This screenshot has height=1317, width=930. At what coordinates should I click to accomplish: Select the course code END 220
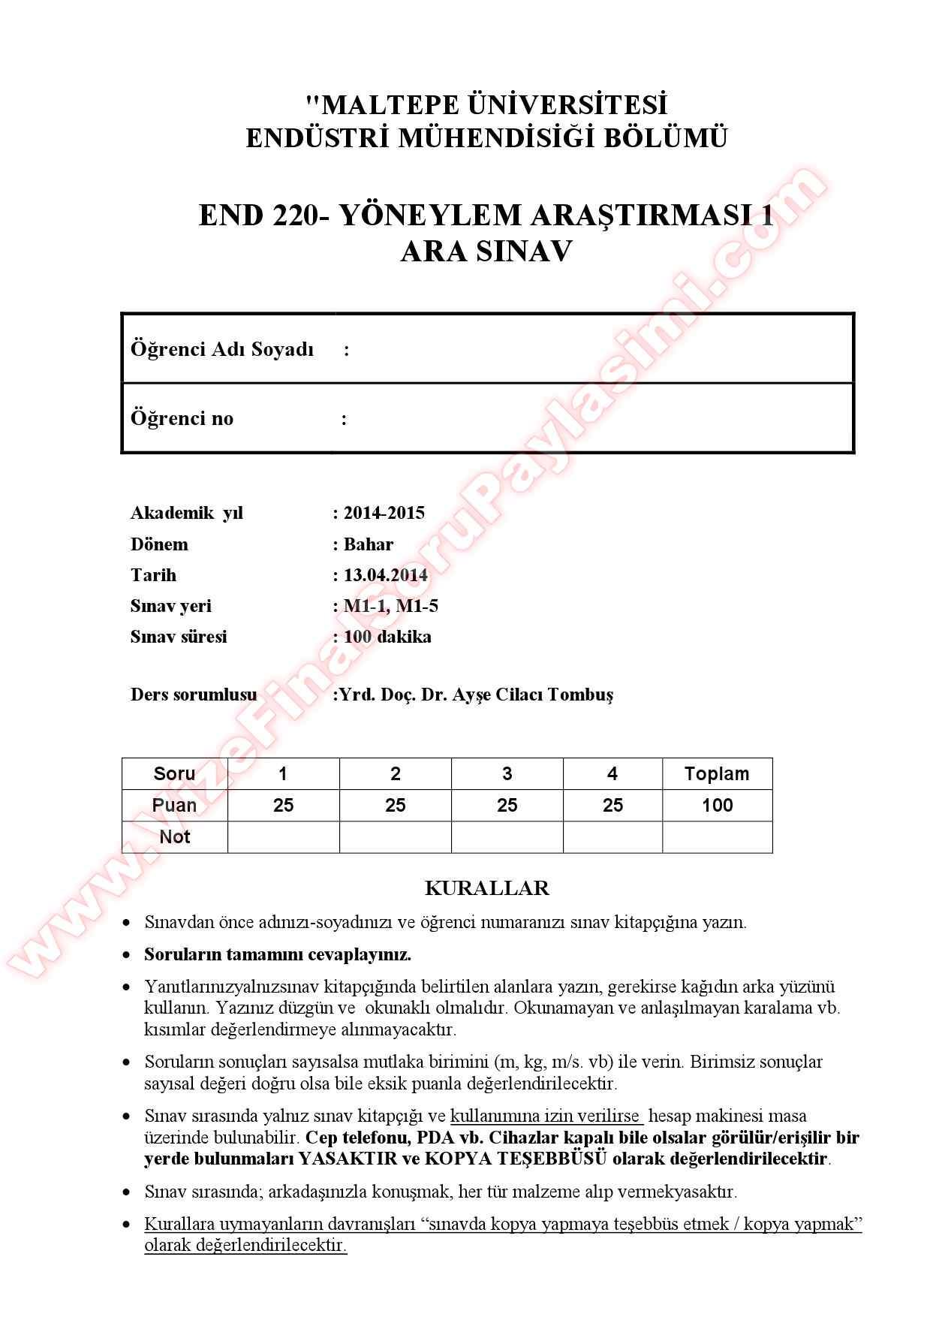(258, 215)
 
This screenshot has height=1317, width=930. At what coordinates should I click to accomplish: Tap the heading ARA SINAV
(486, 252)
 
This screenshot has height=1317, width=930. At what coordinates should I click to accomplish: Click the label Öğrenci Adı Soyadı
(222, 349)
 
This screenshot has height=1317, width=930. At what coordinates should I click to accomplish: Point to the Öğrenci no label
(182, 418)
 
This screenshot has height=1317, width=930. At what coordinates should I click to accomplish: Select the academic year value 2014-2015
(384, 513)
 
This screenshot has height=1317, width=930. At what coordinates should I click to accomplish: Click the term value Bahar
(368, 544)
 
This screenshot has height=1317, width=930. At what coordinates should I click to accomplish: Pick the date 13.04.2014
(385, 575)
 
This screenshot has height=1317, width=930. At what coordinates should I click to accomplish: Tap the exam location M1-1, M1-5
(390, 606)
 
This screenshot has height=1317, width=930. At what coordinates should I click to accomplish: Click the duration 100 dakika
(387, 637)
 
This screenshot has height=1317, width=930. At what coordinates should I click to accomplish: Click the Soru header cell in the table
(174, 774)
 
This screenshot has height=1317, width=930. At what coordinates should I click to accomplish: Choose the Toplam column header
(717, 774)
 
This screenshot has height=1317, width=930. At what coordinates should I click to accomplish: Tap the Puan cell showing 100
(717, 806)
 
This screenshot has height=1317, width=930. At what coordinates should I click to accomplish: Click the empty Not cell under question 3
(507, 837)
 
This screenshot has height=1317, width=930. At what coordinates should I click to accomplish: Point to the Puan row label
(174, 806)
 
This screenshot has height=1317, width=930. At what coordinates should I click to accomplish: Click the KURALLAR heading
(486, 888)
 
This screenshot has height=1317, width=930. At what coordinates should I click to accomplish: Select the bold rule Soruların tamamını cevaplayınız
(278, 954)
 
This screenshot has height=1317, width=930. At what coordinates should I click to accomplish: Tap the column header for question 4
(612, 774)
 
